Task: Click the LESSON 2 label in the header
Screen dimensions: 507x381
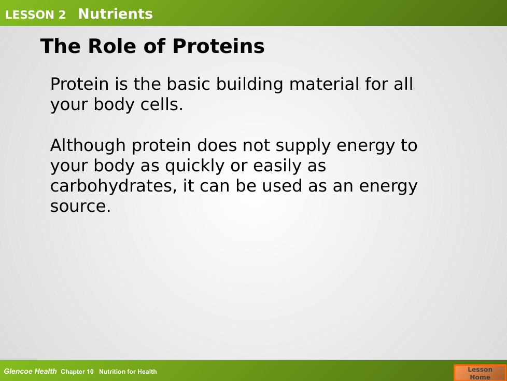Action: tap(35, 15)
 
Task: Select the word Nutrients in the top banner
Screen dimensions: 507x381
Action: tap(116, 14)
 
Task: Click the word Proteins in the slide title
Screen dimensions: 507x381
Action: tap(219, 46)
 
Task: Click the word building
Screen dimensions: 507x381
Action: tap(250, 85)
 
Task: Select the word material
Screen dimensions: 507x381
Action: tap(324, 84)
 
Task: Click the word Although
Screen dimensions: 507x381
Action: tap(88, 146)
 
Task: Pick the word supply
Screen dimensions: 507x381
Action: tap(303, 146)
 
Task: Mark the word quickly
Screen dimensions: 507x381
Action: tap(194, 166)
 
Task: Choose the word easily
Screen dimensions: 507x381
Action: tap(277, 166)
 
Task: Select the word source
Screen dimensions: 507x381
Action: tap(80, 207)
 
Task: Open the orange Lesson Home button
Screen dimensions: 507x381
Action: tap(480, 373)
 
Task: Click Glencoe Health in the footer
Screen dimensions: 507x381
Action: tap(31, 371)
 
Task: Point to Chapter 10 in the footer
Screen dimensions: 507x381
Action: tap(77, 372)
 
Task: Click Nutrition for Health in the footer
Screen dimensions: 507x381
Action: tap(128, 372)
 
